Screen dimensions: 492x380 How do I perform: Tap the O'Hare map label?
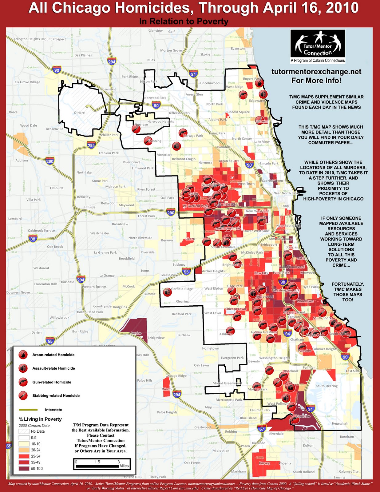tap(79, 113)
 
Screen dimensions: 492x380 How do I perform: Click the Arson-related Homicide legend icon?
tap(23, 355)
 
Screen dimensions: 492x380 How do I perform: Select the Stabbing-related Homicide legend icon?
tap(23, 395)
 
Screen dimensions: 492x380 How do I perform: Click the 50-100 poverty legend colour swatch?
tap(24, 469)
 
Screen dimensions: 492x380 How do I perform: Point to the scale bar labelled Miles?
tap(101, 464)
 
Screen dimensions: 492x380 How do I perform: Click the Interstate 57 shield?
tap(262, 429)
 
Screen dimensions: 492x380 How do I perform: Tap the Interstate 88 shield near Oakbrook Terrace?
tap(33, 238)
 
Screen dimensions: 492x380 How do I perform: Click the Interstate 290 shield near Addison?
tap(49, 161)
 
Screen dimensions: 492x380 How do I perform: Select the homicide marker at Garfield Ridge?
tap(167, 293)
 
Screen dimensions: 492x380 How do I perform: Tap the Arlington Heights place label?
tap(26, 39)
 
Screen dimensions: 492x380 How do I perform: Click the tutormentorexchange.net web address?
tap(316, 72)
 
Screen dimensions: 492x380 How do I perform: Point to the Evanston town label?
tap(238, 49)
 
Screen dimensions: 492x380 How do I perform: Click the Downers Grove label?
tap(18, 292)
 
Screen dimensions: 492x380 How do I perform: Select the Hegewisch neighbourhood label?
tap(340, 423)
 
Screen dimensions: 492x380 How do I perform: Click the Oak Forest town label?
tap(192, 463)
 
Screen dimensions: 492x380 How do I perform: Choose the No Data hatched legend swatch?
tap(24, 431)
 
